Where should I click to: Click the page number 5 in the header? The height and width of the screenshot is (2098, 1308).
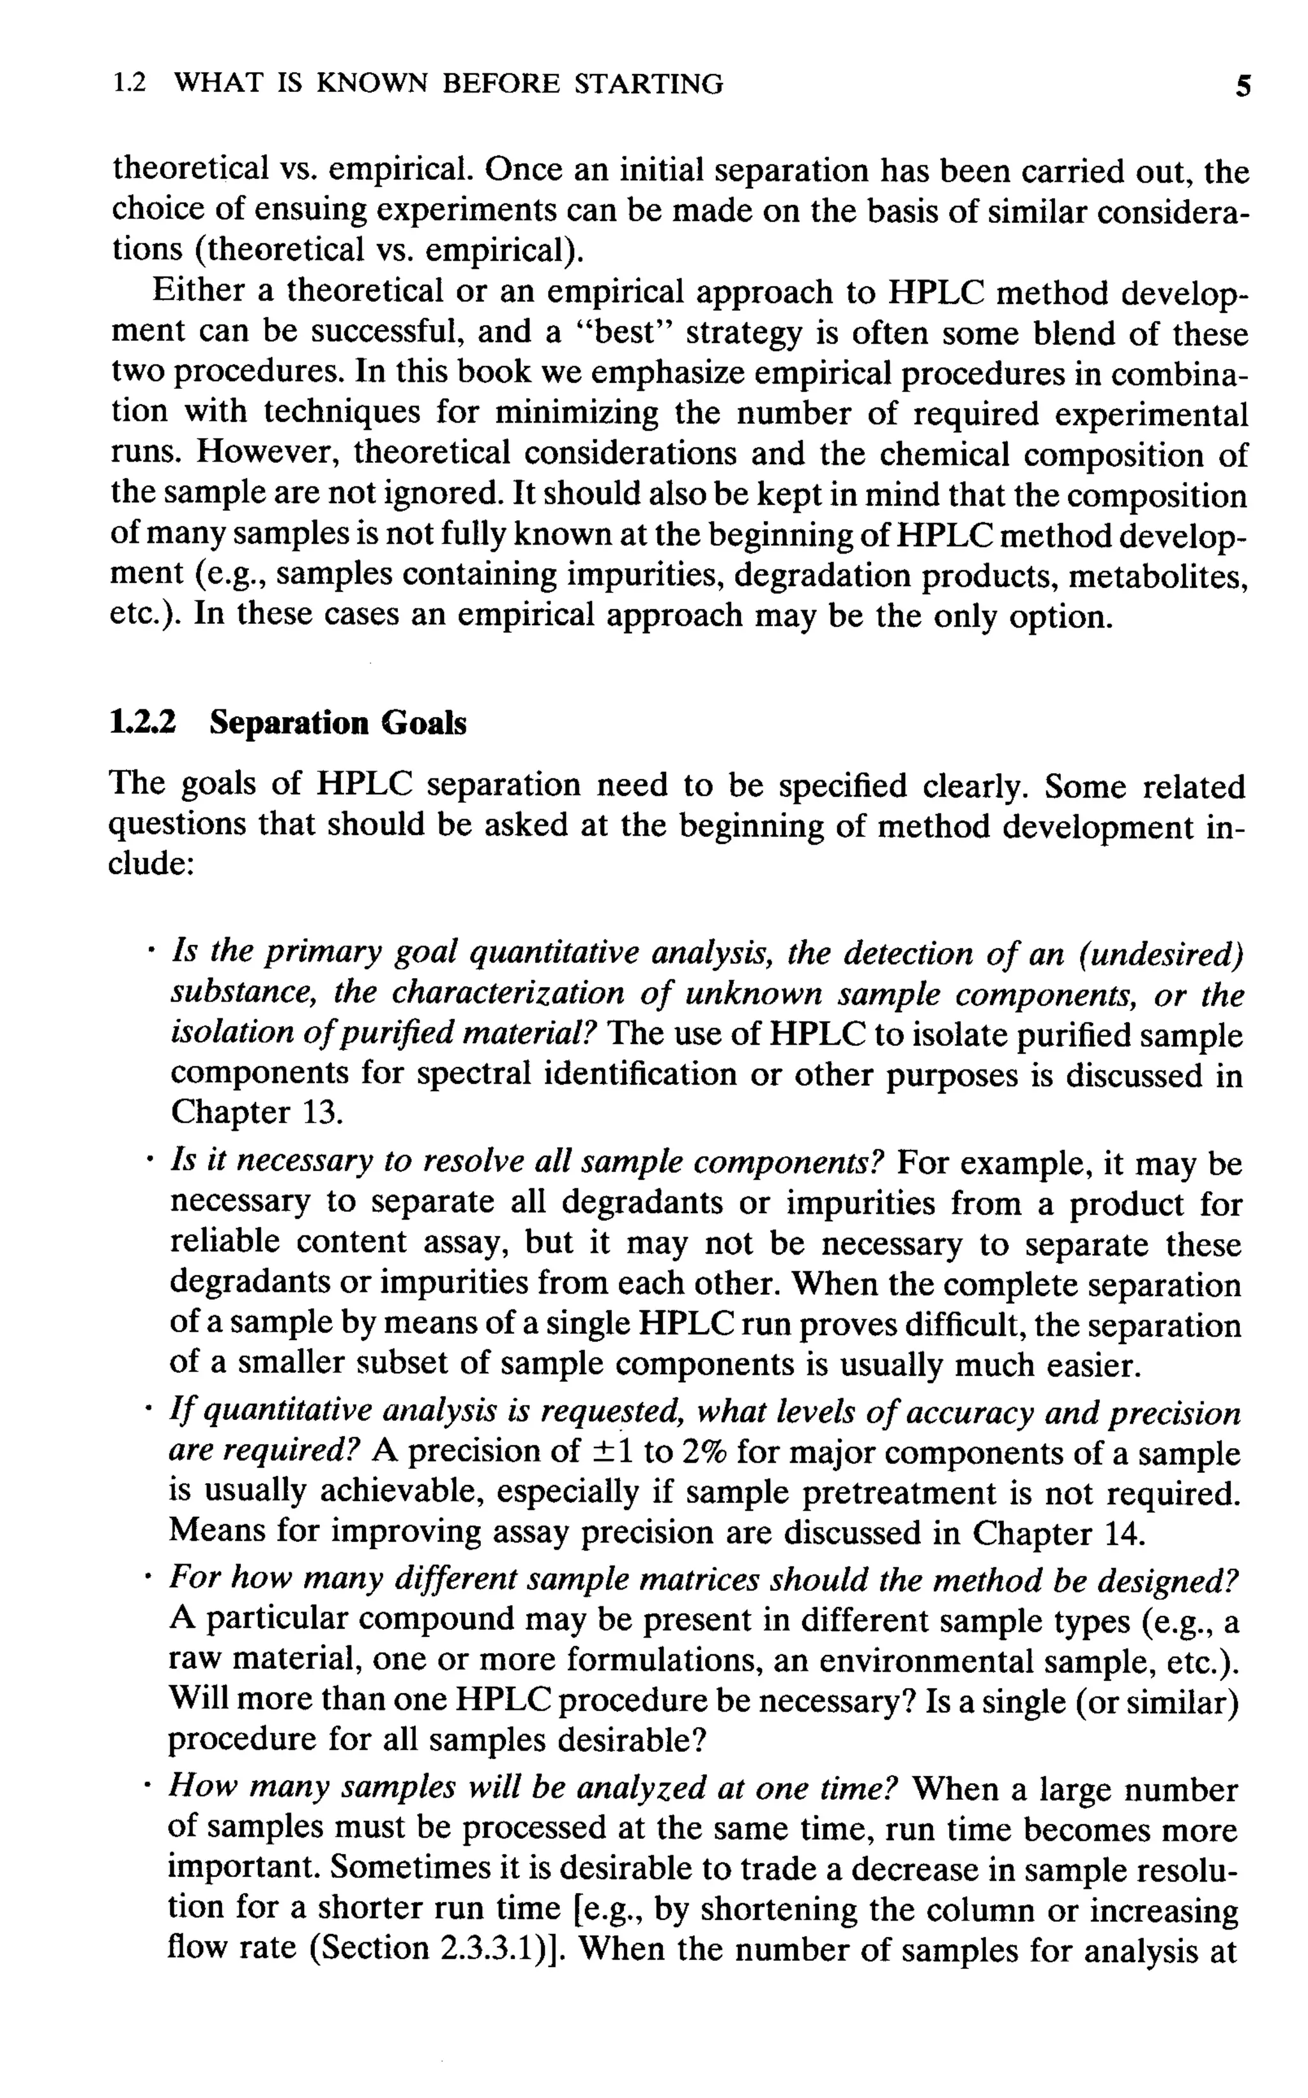click(x=1243, y=86)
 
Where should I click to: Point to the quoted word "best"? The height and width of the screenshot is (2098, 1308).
click(x=628, y=333)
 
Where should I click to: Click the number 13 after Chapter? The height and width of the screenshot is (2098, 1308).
click(x=324, y=1112)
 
